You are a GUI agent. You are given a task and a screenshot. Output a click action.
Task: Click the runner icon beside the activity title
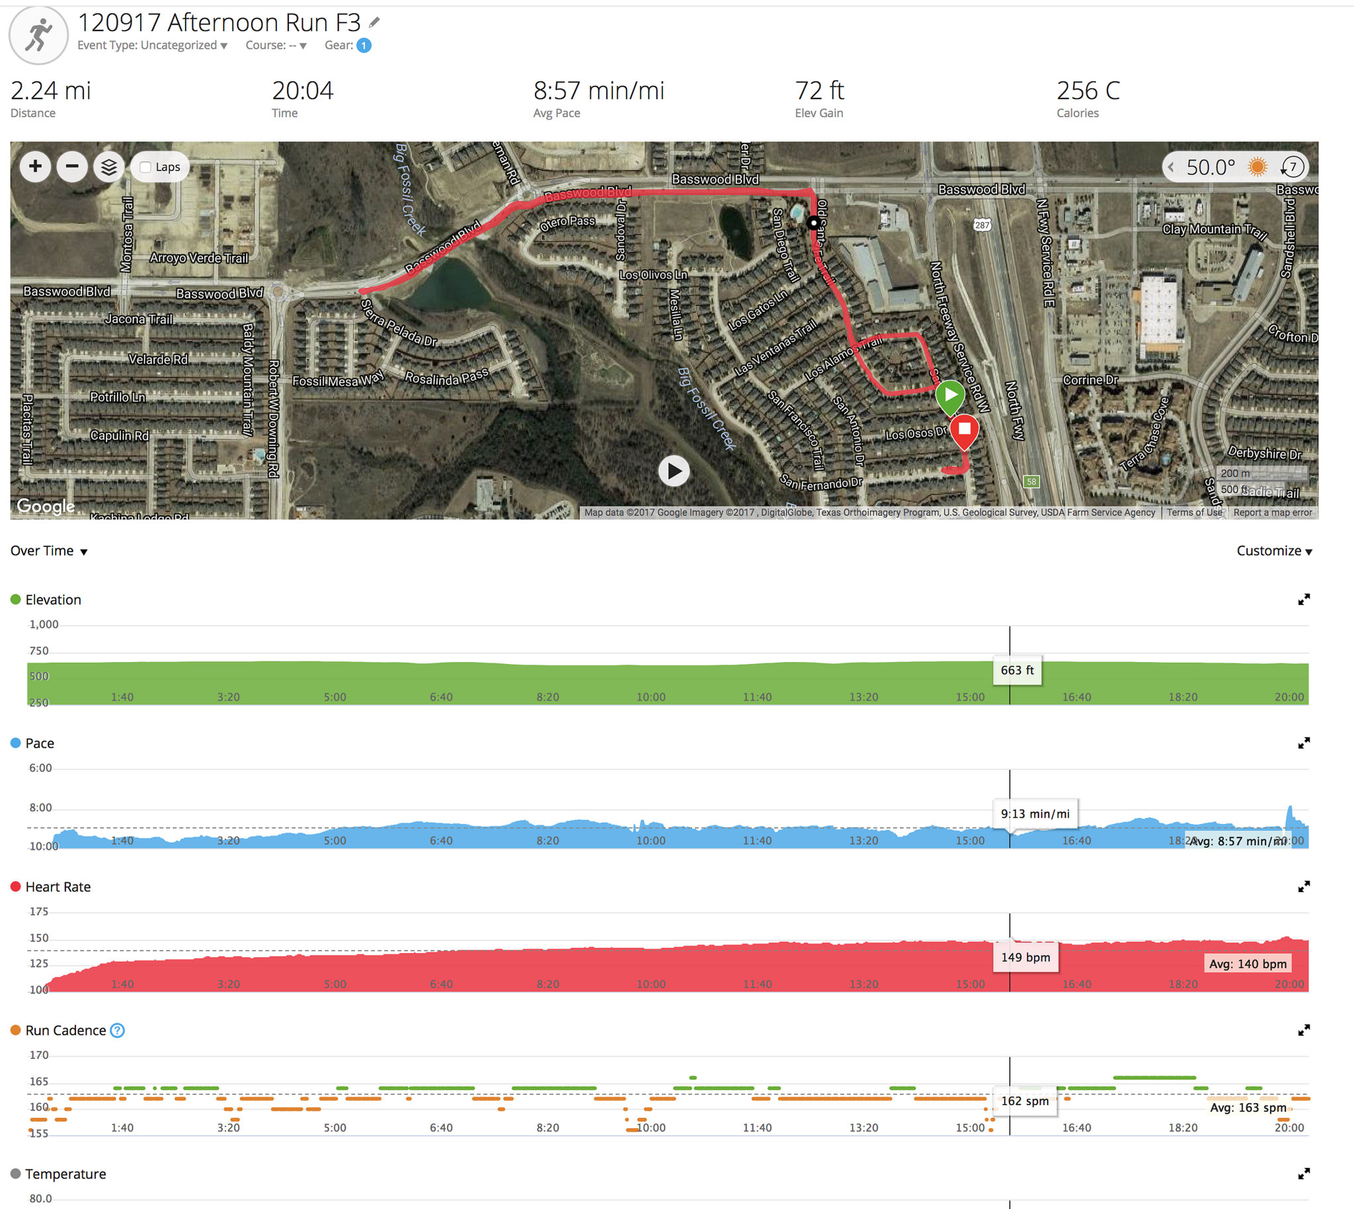click(38, 35)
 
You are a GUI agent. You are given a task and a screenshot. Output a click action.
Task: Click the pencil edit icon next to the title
click(374, 22)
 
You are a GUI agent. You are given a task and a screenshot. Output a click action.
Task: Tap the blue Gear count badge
click(363, 45)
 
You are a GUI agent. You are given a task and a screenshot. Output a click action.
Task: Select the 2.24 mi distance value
click(50, 91)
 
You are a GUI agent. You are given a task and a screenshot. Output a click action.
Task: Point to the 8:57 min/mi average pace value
click(598, 91)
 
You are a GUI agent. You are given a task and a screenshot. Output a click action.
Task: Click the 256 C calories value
click(1088, 91)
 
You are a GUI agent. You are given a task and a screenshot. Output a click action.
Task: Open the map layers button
click(109, 167)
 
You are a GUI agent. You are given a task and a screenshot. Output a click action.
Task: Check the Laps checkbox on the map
click(145, 167)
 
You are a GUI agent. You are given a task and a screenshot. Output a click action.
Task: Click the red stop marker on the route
click(964, 430)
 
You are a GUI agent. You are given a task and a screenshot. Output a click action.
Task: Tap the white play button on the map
click(674, 471)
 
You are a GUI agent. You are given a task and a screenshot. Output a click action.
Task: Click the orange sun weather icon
click(1257, 167)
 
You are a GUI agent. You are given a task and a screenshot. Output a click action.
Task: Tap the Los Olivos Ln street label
click(653, 274)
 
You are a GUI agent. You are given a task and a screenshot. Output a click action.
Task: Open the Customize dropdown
click(1273, 551)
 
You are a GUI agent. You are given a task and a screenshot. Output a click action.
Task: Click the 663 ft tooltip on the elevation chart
click(1017, 670)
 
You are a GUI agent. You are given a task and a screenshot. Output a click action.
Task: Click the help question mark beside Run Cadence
click(118, 1030)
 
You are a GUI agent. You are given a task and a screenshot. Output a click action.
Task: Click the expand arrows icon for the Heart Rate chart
click(1304, 887)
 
